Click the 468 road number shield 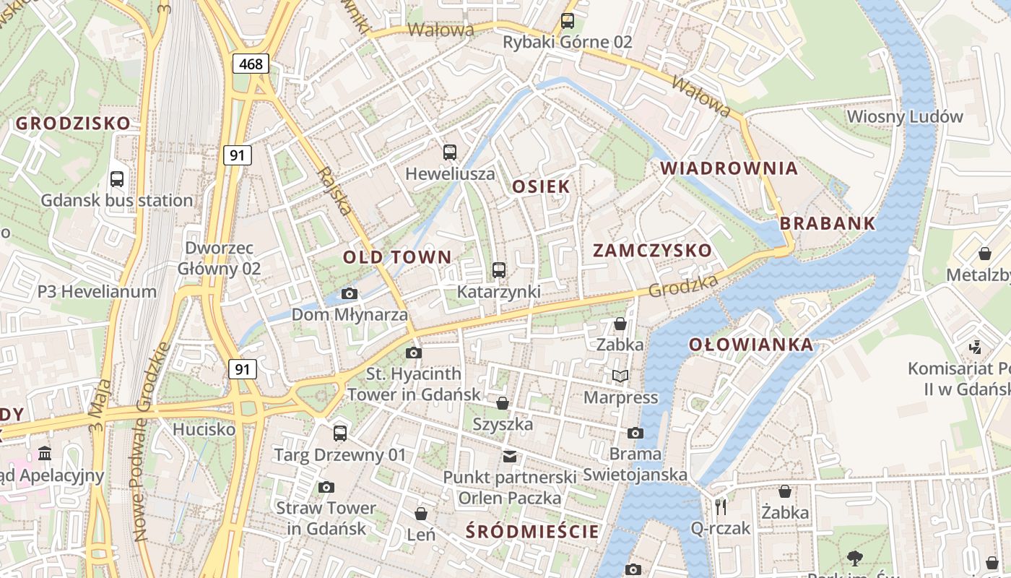(x=251, y=64)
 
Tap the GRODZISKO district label (x=73, y=123)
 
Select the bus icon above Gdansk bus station (x=116, y=178)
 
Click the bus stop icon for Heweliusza (x=450, y=152)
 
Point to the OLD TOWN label (x=396, y=256)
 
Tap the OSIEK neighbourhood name (x=541, y=186)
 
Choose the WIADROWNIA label (x=729, y=168)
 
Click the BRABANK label (x=828, y=223)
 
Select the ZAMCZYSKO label (x=652, y=251)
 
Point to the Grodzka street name (x=683, y=286)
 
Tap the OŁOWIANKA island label (x=751, y=345)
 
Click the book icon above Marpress (x=620, y=376)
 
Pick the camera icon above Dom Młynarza (x=349, y=293)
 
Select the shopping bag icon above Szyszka (x=502, y=402)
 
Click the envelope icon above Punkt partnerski (x=510, y=456)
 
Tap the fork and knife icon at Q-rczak (x=720, y=506)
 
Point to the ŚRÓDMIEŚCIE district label (x=532, y=532)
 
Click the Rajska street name (x=337, y=192)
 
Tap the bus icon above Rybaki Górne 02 (x=568, y=21)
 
